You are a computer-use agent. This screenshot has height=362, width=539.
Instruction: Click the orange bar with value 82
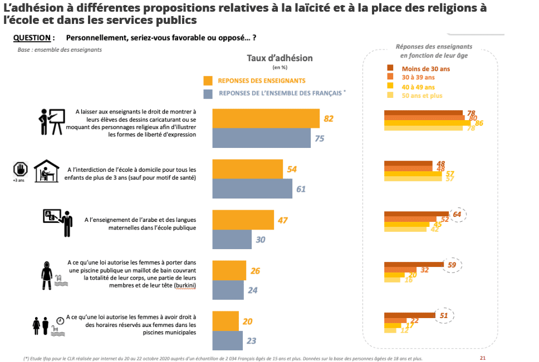[266, 118]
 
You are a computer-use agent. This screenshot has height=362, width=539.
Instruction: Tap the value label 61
[301, 189]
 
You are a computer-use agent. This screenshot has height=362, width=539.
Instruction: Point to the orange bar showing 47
[243, 220]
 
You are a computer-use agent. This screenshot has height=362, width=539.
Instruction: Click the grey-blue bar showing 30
[232, 240]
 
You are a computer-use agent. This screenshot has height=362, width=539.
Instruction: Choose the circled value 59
[452, 265]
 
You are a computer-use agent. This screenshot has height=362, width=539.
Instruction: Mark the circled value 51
[445, 315]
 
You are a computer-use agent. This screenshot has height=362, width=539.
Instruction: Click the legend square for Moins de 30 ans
[390, 68]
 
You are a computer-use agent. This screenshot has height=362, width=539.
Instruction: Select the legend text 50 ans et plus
[422, 96]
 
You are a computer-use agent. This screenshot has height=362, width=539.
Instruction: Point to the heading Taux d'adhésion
[280, 58]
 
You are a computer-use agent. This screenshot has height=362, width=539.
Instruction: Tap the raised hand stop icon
[21, 169]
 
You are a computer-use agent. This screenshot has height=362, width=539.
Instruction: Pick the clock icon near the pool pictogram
[60, 321]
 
